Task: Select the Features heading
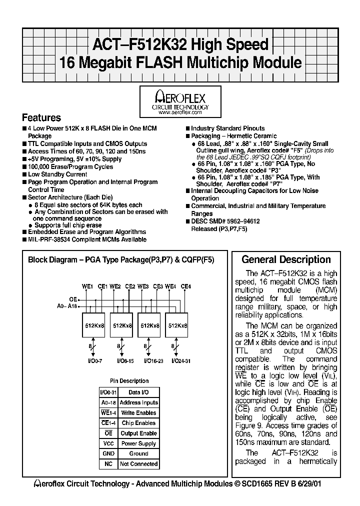pyautogui.click(x=41, y=118)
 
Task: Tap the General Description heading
pyautogui.click(x=286, y=259)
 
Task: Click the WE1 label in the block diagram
pyautogui.click(x=87, y=286)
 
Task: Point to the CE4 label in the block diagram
pyautogui.click(x=185, y=286)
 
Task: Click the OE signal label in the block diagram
pyautogui.click(x=73, y=299)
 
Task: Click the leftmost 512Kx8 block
pyautogui.click(x=94, y=325)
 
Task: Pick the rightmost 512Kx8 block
pyautogui.click(x=178, y=325)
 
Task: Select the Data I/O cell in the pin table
pyautogui.click(x=138, y=392)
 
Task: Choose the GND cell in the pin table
pyautogui.click(x=108, y=453)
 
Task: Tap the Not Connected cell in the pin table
pyautogui.click(x=138, y=464)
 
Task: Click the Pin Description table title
pyautogui.click(x=129, y=381)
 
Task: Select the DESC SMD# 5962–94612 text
pyautogui.click(x=225, y=221)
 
